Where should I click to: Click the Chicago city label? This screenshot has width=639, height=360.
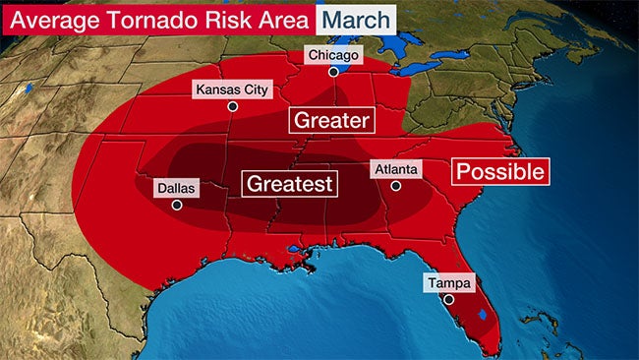(333, 55)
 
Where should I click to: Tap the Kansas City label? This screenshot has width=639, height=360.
(232, 90)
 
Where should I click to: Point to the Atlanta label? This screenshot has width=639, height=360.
(395, 169)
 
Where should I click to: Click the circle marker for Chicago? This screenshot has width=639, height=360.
(333, 72)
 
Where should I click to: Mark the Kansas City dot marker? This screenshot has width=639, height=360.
(232, 106)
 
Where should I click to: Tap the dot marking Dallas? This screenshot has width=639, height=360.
(177, 205)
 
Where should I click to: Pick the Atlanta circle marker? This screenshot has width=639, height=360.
(395, 186)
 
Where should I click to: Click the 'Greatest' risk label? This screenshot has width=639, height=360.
(290, 183)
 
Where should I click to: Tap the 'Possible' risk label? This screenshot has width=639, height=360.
(498, 171)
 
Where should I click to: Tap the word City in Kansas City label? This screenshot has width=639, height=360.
(253, 90)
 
